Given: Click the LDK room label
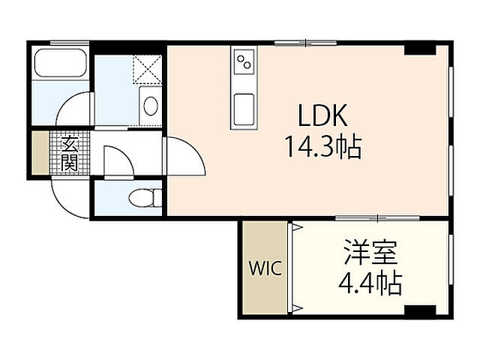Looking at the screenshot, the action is (x=322, y=115).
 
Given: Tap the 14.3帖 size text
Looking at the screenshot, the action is (x=323, y=147).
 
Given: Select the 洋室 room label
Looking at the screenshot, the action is (x=370, y=252).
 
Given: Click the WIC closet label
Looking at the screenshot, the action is (x=265, y=268).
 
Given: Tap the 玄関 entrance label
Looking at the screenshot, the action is (x=69, y=153).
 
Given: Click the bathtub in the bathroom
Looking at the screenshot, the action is (x=60, y=62).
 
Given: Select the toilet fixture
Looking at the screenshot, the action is (x=145, y=198).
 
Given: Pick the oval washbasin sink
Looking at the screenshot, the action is (x=151, y=106).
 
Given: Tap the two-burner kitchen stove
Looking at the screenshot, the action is (x=244, y=61).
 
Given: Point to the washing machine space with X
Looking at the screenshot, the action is (x=147, y=70).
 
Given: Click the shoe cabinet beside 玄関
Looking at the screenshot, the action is (x=40, y=153).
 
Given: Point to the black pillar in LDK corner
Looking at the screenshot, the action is (x=420, y=50).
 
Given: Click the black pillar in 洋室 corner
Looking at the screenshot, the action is (x=420, y=310).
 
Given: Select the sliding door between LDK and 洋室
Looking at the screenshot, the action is (x=377, y=218).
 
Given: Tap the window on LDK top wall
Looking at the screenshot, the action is (x=305, y=43).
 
